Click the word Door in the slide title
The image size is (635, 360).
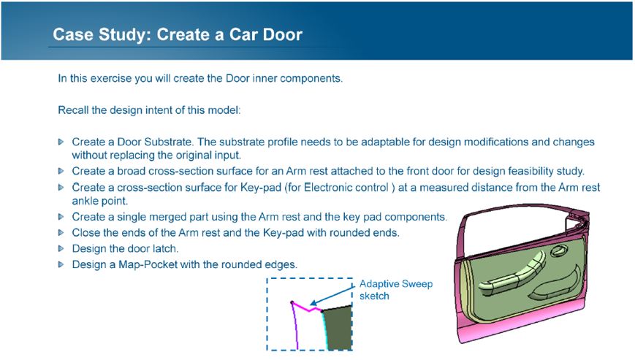point(282,34)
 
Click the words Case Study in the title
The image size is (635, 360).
point(102,35)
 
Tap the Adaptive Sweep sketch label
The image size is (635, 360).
point(395,290)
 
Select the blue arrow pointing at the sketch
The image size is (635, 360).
point(332,295)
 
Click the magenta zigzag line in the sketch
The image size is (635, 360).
point(307,307)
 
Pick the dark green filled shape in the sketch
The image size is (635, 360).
point(338,328)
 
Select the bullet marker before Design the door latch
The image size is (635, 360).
point(61,248)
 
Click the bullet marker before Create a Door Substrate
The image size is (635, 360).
point(61,142)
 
